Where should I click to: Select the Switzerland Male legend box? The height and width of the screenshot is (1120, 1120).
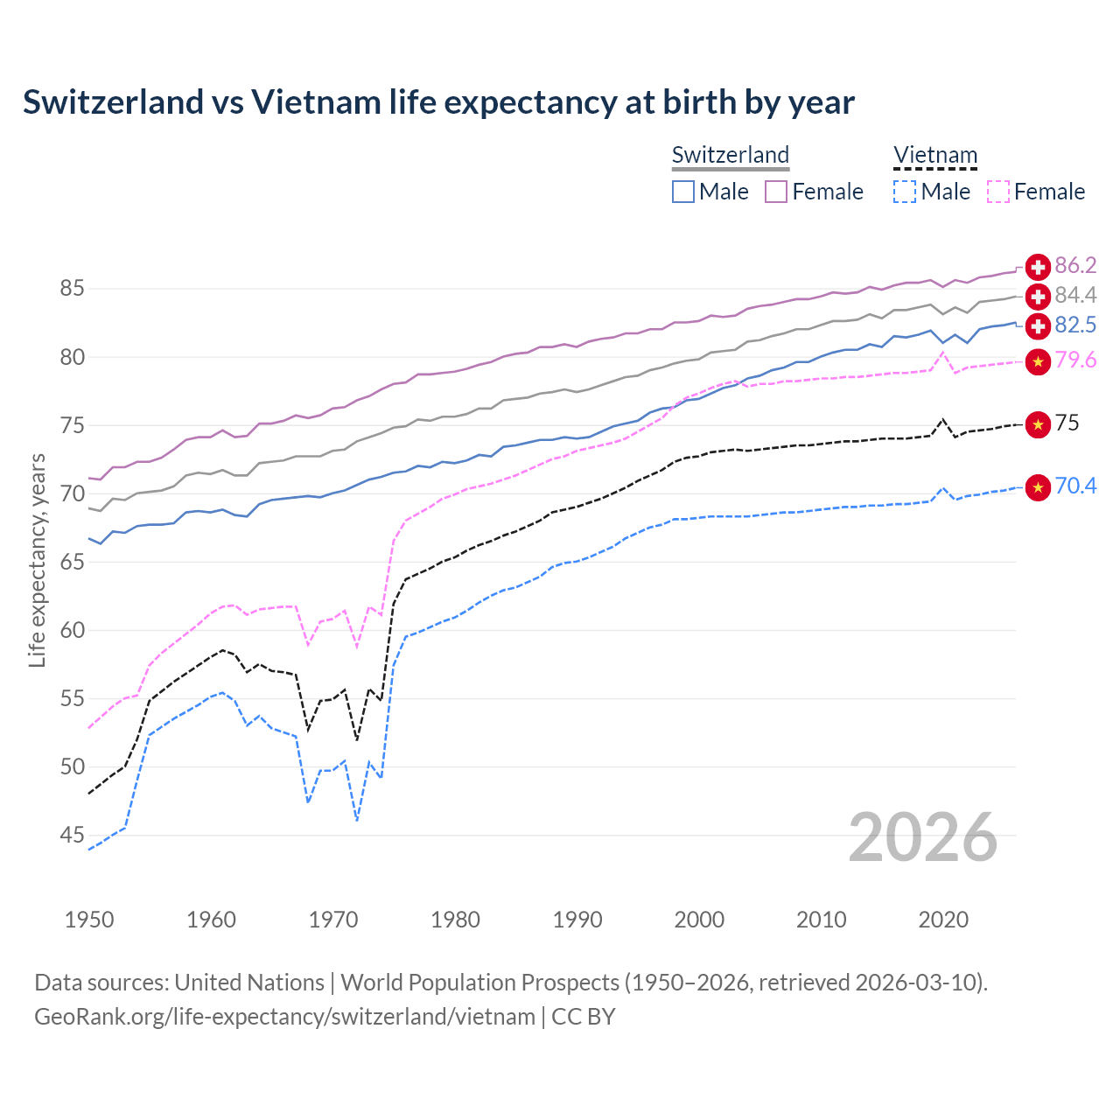click(x=683, y=192)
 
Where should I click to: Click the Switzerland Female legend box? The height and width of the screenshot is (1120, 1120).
click(x=776, y=192)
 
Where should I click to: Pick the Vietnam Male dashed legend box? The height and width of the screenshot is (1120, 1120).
click(x=905, y=192)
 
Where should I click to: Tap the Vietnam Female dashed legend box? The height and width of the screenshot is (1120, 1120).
click(x=997, y=192)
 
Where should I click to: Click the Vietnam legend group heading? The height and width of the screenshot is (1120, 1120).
click(x=934, y=156)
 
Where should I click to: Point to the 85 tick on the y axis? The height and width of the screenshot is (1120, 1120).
click(x=72, y=289)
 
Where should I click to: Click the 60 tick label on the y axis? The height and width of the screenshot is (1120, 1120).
click(x=72, y=630)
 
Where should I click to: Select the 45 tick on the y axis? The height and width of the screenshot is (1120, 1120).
click(x=72, y=836)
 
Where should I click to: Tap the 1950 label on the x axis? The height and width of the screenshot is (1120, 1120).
click(x=89, y=920)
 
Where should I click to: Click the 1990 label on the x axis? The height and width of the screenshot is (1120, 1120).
click(x=577, y=920)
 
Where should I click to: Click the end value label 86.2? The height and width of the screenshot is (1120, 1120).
click(x=1075, y=266)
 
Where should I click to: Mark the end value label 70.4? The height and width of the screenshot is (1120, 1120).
click(x=1075, y=486)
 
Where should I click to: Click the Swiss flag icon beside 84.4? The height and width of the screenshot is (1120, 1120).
click(x=1038, y=296)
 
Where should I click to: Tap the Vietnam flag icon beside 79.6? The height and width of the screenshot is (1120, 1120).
click(x=1038, y=361)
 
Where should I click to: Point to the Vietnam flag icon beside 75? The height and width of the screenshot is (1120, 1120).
click(x=1038, y=424)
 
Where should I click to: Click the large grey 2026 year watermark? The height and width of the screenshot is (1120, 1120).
click(x=922, y=837)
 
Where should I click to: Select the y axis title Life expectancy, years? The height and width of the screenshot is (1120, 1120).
click(x=37, y=560)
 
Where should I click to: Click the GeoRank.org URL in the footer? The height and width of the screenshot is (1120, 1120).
click(x=284, y=1017)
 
